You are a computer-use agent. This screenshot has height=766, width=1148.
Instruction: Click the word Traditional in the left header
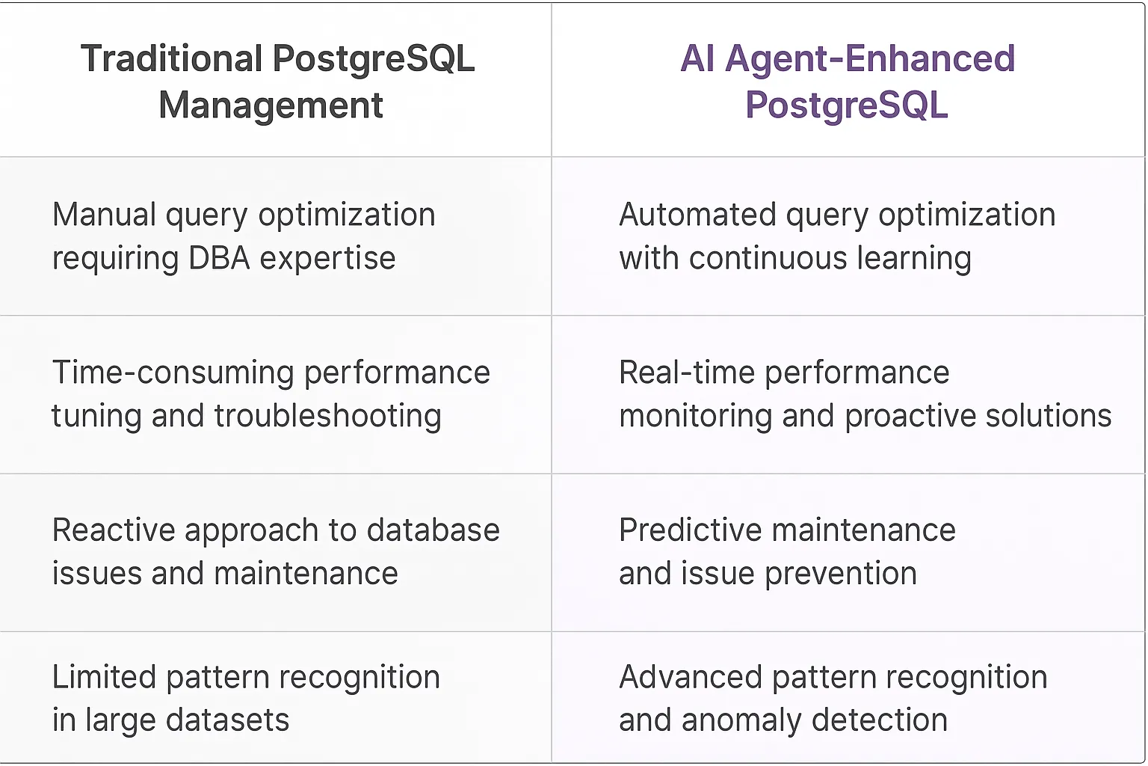tap(171, 59)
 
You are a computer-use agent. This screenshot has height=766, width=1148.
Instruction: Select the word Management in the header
tap(271, 105)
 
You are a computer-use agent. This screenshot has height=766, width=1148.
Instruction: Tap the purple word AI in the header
tap(697, 59)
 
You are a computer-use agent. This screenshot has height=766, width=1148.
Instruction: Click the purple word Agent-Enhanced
tap(870, 59)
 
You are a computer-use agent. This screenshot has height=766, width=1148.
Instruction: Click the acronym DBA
tap(219, 259)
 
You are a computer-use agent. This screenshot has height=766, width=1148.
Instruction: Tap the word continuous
tap(768, 259)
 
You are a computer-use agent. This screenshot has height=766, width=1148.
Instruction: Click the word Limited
tap(103, 678)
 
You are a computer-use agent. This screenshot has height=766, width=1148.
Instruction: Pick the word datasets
tap(227, 721)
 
